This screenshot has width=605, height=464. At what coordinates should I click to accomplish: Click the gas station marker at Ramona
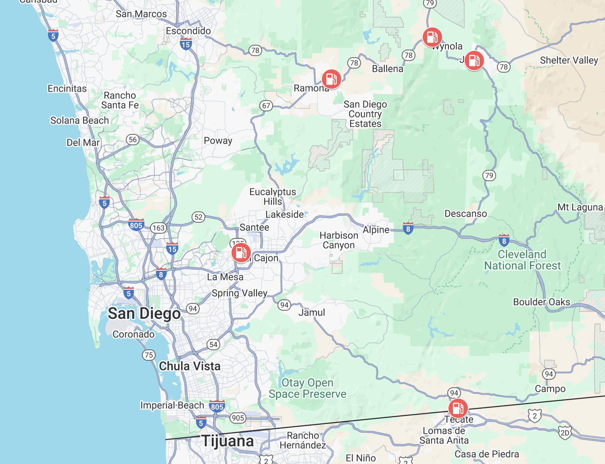331,79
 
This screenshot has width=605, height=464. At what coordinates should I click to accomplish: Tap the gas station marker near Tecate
458,408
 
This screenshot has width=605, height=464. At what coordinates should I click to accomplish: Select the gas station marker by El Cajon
241,253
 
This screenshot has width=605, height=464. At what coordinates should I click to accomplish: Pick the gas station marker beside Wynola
432,37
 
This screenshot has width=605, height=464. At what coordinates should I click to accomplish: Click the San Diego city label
144,314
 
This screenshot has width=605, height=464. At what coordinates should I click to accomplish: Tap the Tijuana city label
227,441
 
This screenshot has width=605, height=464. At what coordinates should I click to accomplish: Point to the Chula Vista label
190,366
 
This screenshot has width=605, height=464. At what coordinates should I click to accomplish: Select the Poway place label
218,141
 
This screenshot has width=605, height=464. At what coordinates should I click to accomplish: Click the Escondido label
188,31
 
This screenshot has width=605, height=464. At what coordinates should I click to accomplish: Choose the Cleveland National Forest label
522,260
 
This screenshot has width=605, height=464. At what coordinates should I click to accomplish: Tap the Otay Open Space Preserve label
307,388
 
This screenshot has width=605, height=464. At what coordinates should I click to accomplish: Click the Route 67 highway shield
266,106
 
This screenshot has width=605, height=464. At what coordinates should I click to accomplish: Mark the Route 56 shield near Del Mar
133,140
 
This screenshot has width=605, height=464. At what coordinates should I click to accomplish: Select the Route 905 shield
238,418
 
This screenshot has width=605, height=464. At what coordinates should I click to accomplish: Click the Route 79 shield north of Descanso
489,176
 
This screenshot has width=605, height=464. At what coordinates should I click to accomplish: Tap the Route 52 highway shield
198,217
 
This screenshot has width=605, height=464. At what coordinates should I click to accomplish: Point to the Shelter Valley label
569,61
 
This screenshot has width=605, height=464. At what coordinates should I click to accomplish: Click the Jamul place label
311,313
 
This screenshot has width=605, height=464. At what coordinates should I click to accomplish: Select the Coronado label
134,334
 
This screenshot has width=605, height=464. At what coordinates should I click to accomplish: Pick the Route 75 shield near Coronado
149,355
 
